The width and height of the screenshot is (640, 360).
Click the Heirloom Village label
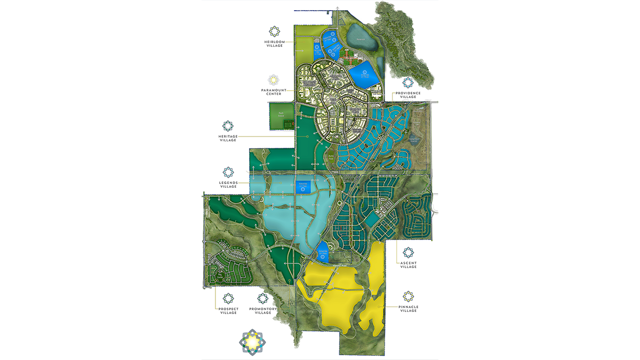(273, 44)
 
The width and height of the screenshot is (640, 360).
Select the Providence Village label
(408, 95)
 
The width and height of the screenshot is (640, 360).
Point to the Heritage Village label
(228, 139)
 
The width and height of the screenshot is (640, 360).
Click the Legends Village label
(228, 185)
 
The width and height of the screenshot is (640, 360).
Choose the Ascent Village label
(408, 265)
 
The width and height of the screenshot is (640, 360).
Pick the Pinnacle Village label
(408, 309)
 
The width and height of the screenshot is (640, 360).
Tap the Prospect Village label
(228, 311)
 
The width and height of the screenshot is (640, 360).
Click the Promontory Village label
(263, 311)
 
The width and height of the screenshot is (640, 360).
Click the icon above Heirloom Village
(273, 30)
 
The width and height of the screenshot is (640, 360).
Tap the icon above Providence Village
(408, 82)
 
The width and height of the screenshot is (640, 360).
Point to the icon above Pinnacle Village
(408, 296)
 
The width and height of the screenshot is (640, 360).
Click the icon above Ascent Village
(408, 252)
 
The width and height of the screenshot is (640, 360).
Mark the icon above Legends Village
(228, 172)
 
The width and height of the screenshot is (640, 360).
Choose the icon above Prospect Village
(228, 298)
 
